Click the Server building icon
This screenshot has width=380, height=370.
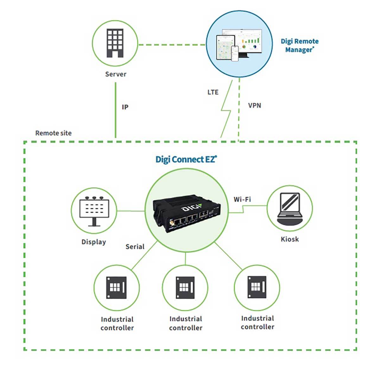(x=115, y=43)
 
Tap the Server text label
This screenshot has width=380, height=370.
(x=116, y=74)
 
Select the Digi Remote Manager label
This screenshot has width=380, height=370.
(x=299, y=46)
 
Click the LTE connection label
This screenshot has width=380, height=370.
(x=213, y=92)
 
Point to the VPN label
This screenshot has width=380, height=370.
(x=254, y=105)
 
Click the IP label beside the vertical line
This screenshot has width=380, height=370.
(x=125, y=107)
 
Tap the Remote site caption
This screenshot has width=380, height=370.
(x=53, y=133)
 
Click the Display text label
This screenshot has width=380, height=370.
(x=94, y=242)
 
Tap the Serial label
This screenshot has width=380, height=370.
(x=135, y=247)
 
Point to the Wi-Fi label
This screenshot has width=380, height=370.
(x=242, y=199)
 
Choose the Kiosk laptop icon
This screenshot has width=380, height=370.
(x=290, y=208)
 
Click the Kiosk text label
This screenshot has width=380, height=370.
(x=290, y=239)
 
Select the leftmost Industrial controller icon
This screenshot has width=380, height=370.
(x=116, y=287)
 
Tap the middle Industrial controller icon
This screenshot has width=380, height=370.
(x=185, y=287)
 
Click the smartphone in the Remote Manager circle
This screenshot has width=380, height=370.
(x=235, y=53)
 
